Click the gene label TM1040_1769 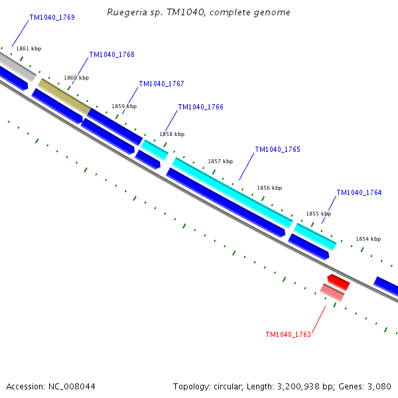[x=52, y=17]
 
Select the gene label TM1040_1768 [x=111, y=54]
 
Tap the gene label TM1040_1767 [x=161, y=84]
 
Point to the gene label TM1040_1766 [x=200, y=107]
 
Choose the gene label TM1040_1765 [x=277, y=149]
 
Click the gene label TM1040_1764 [x=359, y=192]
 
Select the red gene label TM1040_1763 [x=288, y=334]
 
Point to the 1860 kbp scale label [x=76, y=78]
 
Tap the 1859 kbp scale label [x=124, y=106]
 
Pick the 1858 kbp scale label [x=172, y=134]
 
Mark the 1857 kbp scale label [x=220, y=161]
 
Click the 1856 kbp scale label [x=269, y=188]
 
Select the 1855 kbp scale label [x=318, y=214]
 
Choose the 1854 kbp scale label [x=368, y=239]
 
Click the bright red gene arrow [x=338, y=281]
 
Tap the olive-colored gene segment [x=64, y=96]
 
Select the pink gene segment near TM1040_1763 [x=332, y=292]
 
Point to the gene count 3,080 [x=378, y=386]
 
